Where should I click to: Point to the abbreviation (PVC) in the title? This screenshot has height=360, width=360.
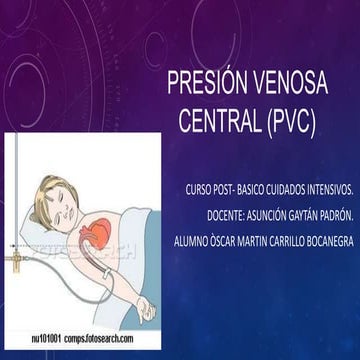tap(291, 121)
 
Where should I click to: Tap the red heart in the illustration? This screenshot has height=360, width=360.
tap(97, 231)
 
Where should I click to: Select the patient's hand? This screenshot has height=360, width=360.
tap(146, 308)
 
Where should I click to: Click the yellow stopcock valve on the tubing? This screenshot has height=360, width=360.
tap(16, 259)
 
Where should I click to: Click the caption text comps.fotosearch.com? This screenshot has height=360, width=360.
tap(99, 339)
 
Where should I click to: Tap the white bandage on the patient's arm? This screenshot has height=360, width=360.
tap(106, 274)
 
